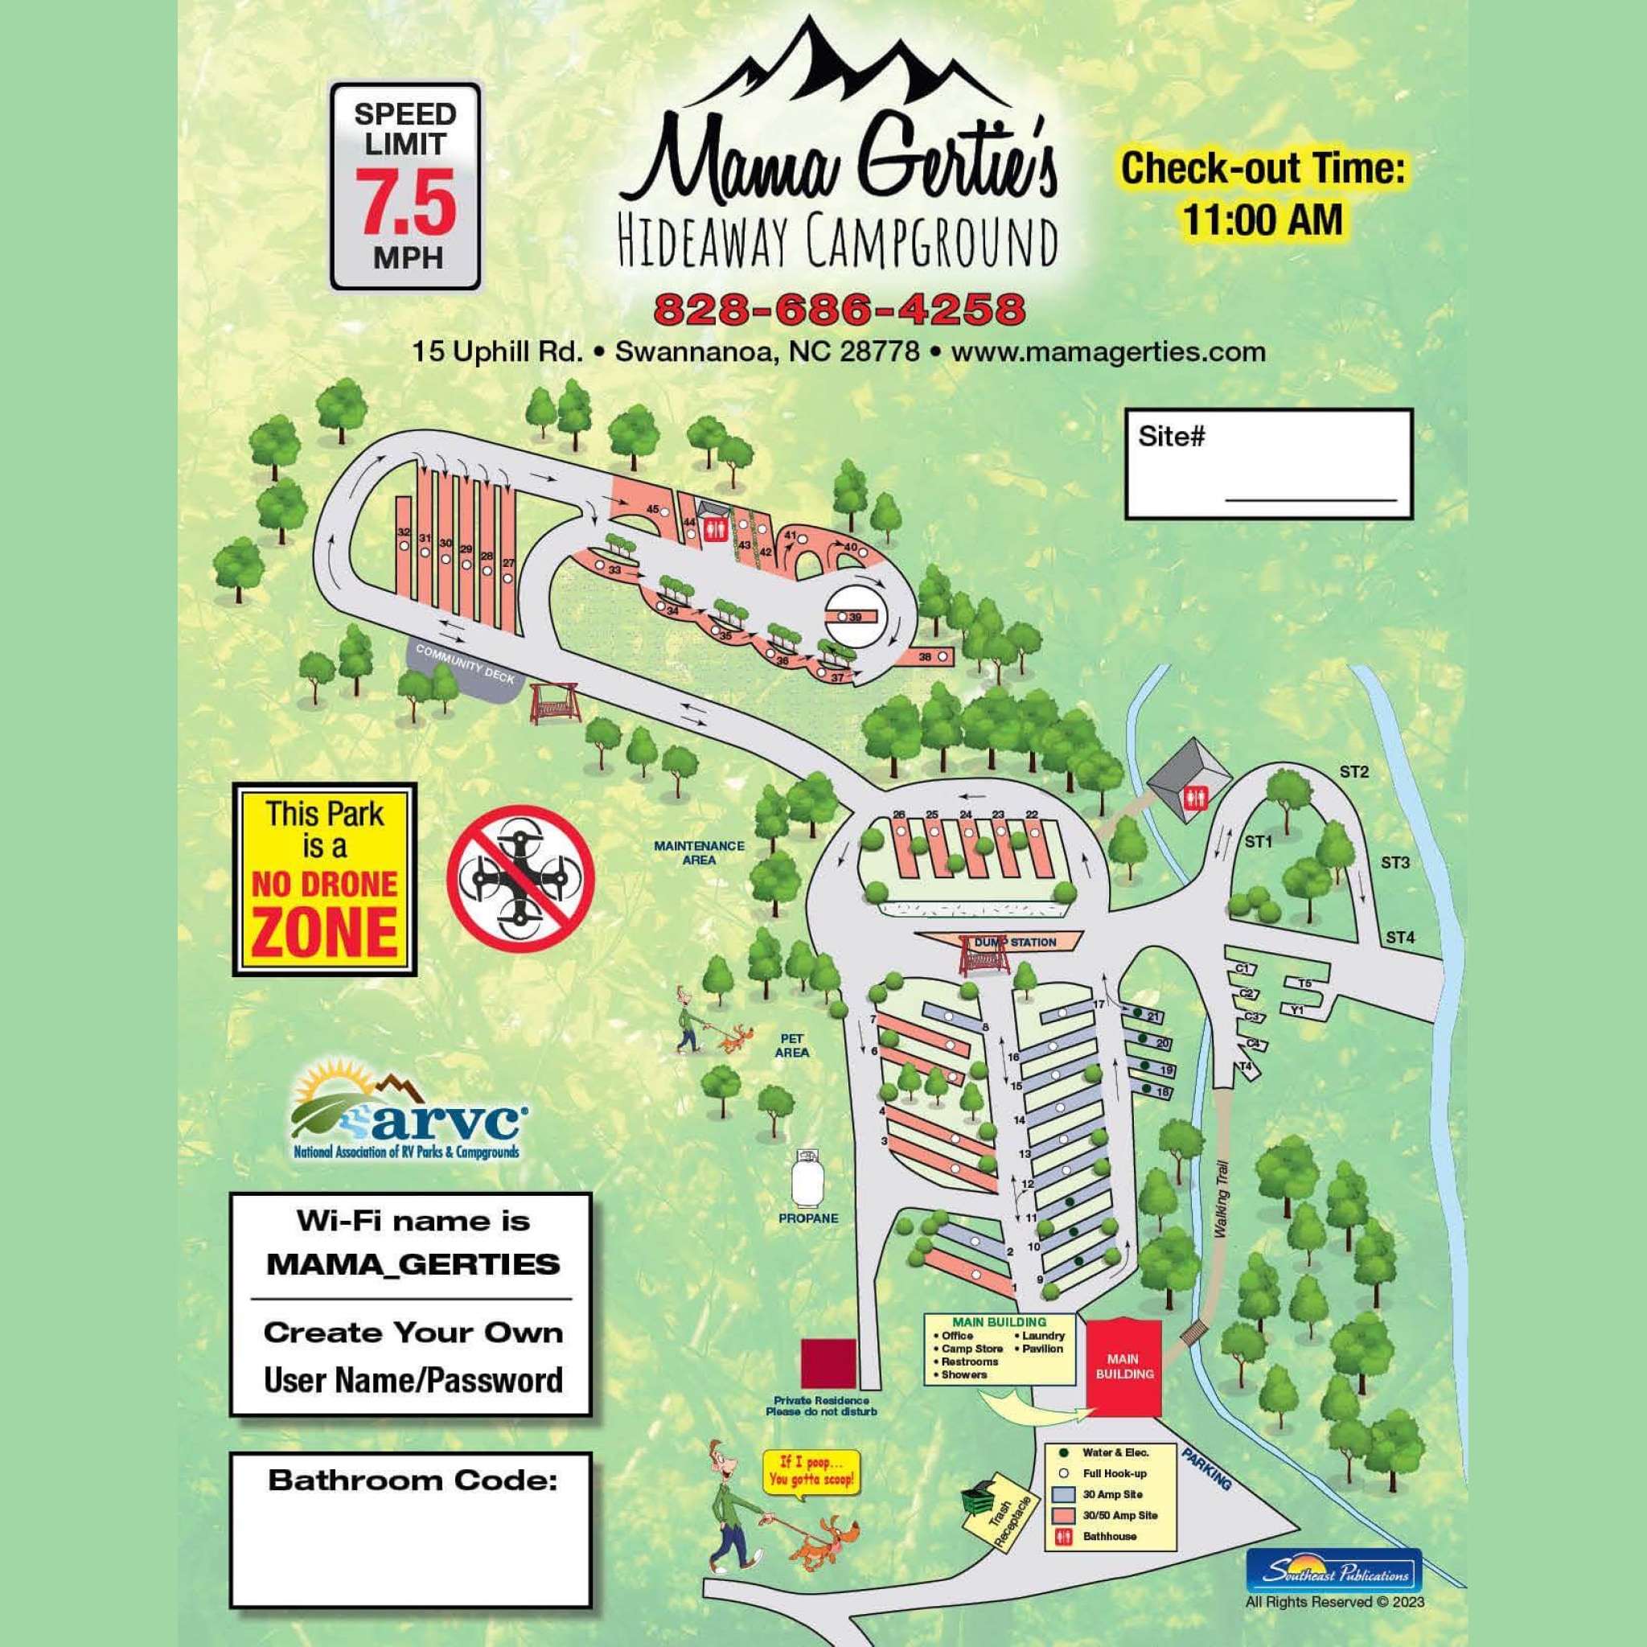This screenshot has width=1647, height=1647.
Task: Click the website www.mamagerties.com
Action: pos(1107,351)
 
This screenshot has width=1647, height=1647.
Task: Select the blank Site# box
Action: pos(1268,464)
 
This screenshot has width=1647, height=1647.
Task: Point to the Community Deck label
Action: pos(466,663)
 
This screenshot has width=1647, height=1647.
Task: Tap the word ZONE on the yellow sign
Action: pos(326,934)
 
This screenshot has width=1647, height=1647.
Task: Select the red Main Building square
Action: pos(1123,1367)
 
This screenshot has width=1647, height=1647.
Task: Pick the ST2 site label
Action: pos(1353,772)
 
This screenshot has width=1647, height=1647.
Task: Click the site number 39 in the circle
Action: pos(856,616)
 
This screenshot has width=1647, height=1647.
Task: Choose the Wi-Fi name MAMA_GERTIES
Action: pos(413,1264)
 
